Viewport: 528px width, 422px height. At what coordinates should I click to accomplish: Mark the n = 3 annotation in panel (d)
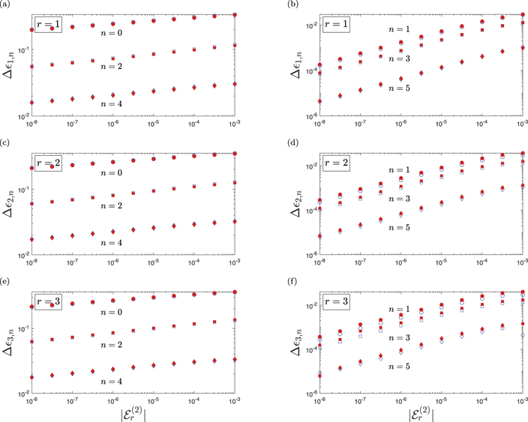(x=400, y=198)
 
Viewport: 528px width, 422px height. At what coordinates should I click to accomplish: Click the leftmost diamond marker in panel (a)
(x=31, y=102)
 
